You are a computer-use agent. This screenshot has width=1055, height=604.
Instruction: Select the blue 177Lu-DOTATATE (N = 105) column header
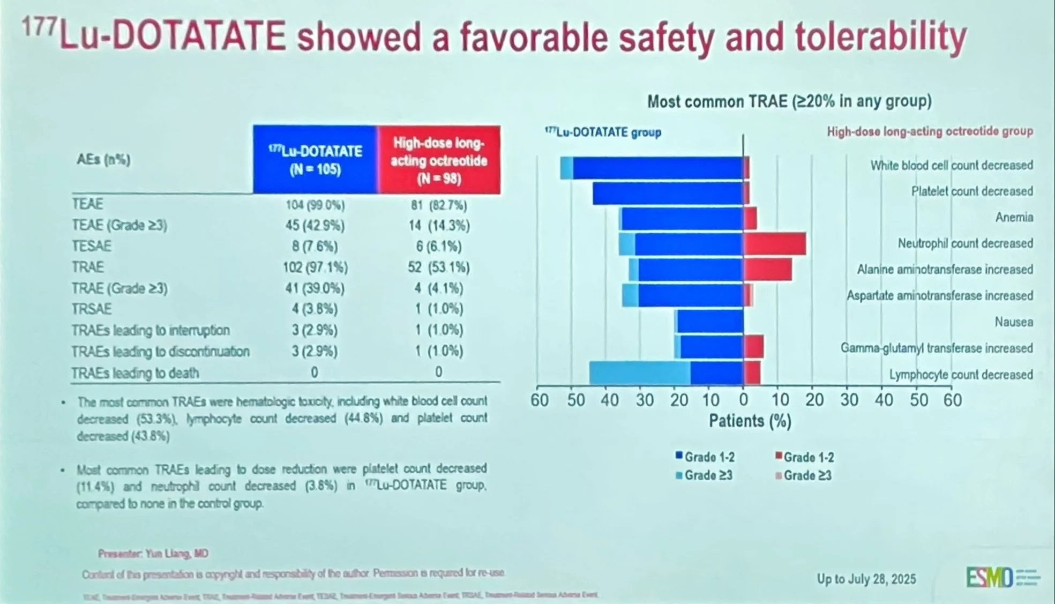315,160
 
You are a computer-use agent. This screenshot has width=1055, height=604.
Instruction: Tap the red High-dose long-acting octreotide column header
439,160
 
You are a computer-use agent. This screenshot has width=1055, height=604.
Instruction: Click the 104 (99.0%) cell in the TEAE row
315,205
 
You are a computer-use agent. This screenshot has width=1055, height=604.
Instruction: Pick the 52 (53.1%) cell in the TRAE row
438,267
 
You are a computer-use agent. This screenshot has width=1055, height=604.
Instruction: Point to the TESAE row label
92,246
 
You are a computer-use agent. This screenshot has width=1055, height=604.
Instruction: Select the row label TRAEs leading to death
135,372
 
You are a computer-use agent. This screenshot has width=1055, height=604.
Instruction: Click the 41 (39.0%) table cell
315,288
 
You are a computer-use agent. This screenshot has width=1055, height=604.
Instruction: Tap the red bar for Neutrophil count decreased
775,244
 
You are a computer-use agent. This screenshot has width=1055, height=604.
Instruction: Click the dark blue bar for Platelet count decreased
668,193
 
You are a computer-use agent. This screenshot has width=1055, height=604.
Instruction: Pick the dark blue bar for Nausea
710,322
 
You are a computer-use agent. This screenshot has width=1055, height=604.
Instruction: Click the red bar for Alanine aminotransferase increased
768,270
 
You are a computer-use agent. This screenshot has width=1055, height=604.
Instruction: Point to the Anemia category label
1014,217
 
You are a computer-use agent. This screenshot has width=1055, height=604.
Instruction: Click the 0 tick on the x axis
743,400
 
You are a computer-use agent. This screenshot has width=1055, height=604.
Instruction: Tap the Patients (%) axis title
750,421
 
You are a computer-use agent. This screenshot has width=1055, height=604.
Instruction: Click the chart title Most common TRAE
789,101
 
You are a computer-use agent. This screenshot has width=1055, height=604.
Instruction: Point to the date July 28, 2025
866,579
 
